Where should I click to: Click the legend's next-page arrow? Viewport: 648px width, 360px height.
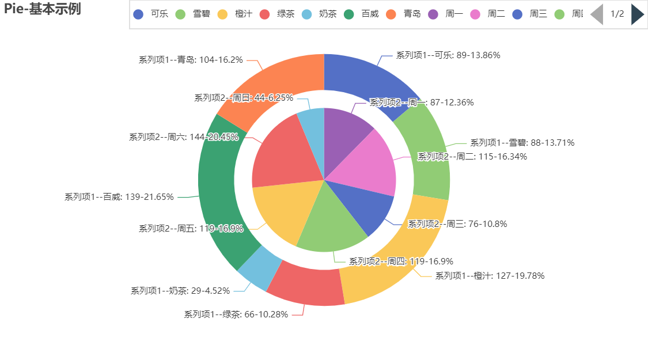click(x=636, y=14)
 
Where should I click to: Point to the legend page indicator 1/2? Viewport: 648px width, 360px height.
click(x=617, y=14)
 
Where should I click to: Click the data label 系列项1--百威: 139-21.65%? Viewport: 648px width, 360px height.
click(x=119, y=197)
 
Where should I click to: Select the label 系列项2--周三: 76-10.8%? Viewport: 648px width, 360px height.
click(x=457, y=224)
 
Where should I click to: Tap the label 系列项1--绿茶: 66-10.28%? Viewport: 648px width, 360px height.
click(x=236, y=314)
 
